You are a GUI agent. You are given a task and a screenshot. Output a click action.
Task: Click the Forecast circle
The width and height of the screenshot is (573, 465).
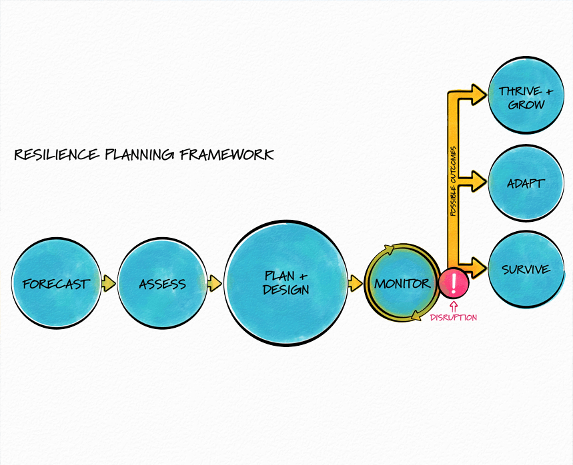tap(56, 283)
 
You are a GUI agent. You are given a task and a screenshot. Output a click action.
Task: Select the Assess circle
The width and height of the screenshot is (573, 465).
tap(162, 283)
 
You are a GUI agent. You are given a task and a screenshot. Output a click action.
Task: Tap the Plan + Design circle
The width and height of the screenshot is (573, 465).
tap(286, 283)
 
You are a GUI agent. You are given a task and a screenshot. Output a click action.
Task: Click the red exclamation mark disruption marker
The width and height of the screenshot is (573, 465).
tap(454, 283)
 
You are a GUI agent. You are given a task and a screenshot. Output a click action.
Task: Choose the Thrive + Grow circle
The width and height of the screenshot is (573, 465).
tap(526, 97)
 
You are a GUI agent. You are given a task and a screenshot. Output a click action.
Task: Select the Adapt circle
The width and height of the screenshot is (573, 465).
tap(526, 183)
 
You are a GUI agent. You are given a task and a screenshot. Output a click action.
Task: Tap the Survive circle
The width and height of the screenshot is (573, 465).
tap(526, 269)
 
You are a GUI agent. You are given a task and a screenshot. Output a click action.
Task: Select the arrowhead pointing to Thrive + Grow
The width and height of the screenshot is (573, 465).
tap(478, 93)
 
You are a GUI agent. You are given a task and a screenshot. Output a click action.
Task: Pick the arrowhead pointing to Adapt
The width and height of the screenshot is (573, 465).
tap(478, 179)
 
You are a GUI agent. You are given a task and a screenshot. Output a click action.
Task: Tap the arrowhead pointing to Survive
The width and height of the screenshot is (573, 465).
tap(478, 268)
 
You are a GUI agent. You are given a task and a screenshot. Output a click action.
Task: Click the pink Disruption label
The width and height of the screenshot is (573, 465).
tap(454, 318)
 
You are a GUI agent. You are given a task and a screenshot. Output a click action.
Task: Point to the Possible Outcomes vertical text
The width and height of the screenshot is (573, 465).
tap(453, 181)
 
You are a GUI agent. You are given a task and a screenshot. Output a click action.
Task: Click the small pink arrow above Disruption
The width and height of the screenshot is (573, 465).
tap(454, 306)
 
